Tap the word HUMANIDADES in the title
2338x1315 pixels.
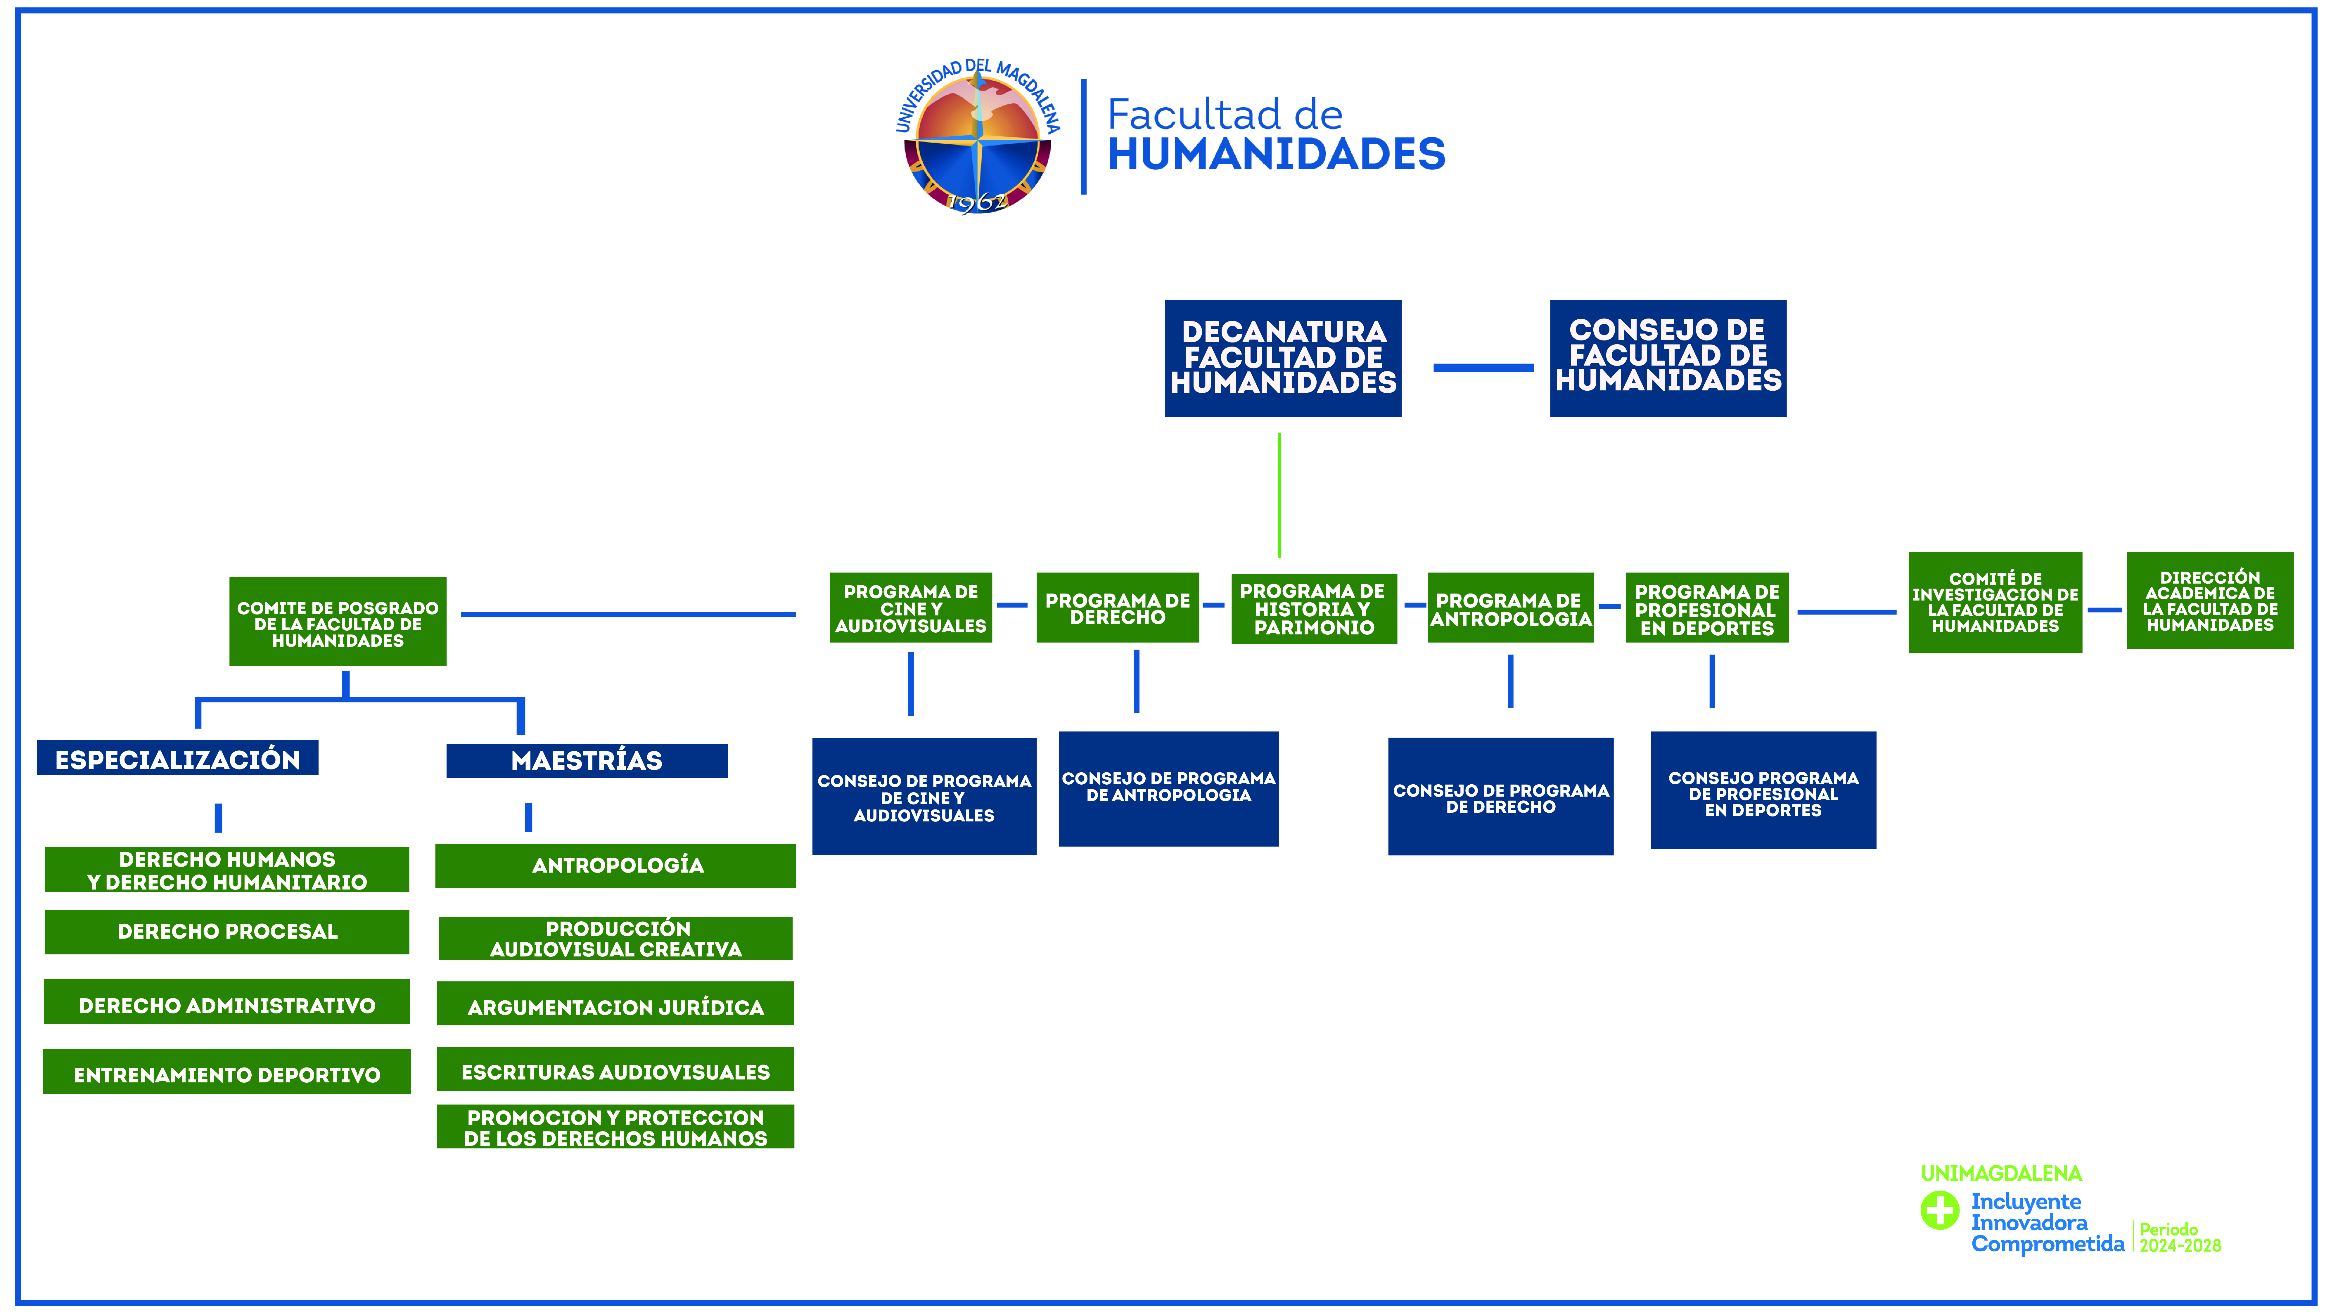(1276, 154)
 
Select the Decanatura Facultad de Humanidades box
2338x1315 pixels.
(1282, 359)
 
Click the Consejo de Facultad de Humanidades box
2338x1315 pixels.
(1667, 359)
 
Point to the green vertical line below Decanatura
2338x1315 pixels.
(1279, 495)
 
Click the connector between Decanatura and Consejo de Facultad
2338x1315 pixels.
(1483, 368)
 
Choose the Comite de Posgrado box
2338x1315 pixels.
(338, 622)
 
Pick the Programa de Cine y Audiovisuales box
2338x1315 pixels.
(910, 607)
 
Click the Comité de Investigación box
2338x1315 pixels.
(1995, 603)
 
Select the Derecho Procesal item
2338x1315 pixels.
(227, 932)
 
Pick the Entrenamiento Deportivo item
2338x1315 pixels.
(227, 1072)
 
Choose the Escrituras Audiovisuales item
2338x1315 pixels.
(615, 1069)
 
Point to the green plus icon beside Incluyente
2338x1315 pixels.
(1940, 1210)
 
